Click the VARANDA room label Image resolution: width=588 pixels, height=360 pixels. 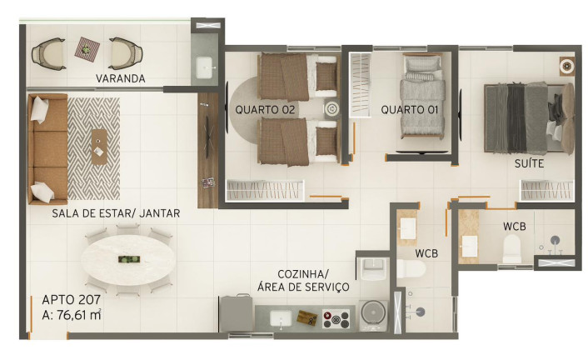(121, 78)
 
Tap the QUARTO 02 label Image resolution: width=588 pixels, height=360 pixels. (265, 110)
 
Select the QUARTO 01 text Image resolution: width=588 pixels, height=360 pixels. (410, 110)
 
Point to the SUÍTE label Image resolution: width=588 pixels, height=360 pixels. (529, 163)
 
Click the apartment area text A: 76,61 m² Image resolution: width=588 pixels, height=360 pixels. (72, 315)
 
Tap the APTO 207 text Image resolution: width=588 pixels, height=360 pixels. (72, 299)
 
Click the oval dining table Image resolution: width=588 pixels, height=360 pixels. (128, 259)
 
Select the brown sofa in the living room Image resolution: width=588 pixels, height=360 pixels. (47, 149)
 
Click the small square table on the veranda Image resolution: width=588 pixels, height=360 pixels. (87, 49)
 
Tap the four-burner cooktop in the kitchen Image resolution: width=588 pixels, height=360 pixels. (336, 318)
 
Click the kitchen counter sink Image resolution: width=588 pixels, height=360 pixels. (281, 318)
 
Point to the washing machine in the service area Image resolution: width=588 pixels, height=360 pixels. (373, 315)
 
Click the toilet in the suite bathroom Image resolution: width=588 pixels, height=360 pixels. (512, 248)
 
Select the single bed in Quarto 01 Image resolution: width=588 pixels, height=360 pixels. (422, 96)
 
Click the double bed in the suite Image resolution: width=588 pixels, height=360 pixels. (529, 118)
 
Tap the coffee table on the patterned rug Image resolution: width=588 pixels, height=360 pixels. (99, 147)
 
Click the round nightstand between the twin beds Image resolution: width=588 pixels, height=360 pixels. (331, 109)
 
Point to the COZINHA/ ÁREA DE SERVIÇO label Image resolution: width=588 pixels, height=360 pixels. (303, 281)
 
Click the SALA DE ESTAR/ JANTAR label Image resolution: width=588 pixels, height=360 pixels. (116, 213)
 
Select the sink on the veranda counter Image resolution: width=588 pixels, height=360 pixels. (205, 67)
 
